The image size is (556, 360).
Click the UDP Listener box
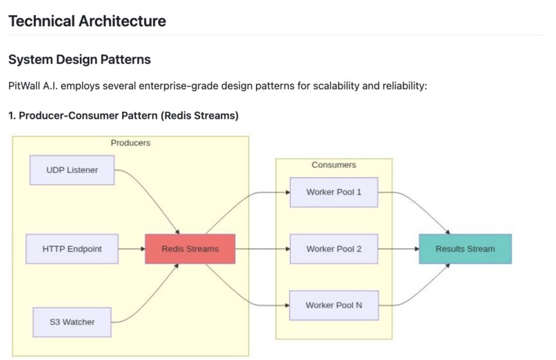pos(72,170)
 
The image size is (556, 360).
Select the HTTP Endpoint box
pos(72,249)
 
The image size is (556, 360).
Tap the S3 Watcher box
pos(72,321)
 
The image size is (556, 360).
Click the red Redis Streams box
pos(190,249)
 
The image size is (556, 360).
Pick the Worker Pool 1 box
pos(334,192)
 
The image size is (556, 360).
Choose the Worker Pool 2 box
pos(334,249)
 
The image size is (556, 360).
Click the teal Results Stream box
pos(465,249)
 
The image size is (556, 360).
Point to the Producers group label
pos(130,143)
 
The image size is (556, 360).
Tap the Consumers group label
pos(334,166)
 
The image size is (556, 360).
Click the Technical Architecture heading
pos(87,21)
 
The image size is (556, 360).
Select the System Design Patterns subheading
pos(79,60)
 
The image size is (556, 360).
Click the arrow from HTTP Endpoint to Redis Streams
pos(131,249)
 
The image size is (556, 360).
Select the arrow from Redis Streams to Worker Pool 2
pos(262,249)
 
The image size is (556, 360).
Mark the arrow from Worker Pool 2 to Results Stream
pos(399,249)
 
